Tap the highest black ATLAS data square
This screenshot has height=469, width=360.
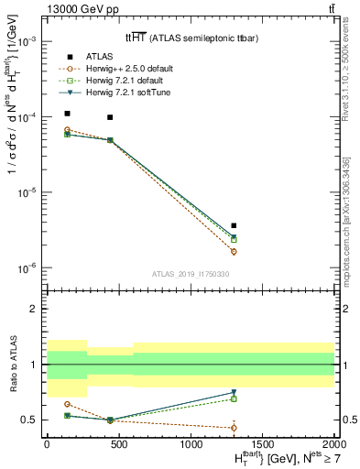[68, 114]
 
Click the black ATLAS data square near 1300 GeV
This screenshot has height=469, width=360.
[234, 225]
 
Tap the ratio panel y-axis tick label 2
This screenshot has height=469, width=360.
[32, 309]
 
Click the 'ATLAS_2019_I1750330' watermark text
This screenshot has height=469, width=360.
[189, 273]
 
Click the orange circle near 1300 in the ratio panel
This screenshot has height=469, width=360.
[234, 428]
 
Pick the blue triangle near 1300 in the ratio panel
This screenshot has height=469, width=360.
[234, 393]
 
